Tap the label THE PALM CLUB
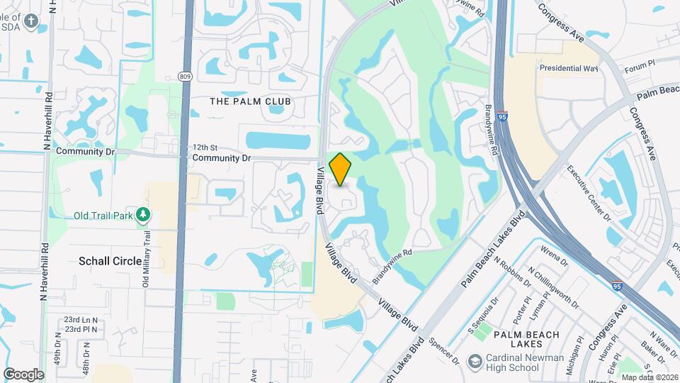251,101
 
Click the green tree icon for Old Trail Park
143,213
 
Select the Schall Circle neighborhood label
110,261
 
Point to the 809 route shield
184,76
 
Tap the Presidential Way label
569,69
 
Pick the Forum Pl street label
642,69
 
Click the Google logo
23,374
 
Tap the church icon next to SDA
30,21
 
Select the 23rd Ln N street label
81,320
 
